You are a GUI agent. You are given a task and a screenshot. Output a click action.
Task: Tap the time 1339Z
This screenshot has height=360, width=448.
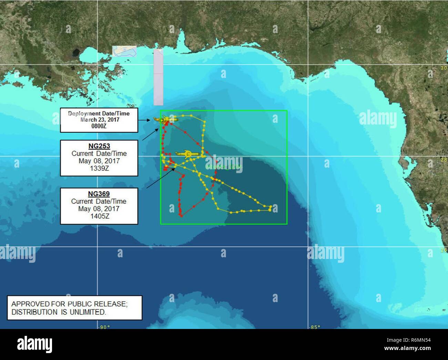pos(99,169)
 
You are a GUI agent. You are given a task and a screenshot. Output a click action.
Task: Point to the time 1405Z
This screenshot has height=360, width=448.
pos(99,216)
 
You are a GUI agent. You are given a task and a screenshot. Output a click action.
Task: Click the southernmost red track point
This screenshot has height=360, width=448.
pos(181,216)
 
